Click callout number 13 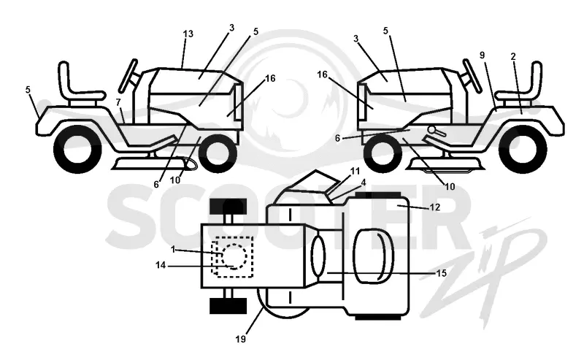pyautogui.click(x=188, y=34)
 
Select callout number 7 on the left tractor pyautogui.click(x=118, y=102)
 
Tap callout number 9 pyautogui.click(x=482, y=55)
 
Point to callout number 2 pyautogui.click(x=513, y=57)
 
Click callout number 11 pyautogui.click(x=356, y=171)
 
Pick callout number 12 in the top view pyautogui.click(x=435, y=207)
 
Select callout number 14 pyautogui.click(x=161, y=265)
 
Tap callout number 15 pyautogui.click(x=441, y=273)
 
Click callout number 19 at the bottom pyautogui.click(x=241, y=339)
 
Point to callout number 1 pyautogui.click(x=173, y=249)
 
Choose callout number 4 pyautogui.click(x=364, y=183)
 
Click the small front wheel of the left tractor pyautogui.click(x=218, y=153)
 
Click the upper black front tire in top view pyautogui.click(x=228, y=206)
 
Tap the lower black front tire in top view pyautogui.click(x=228, y=306)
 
